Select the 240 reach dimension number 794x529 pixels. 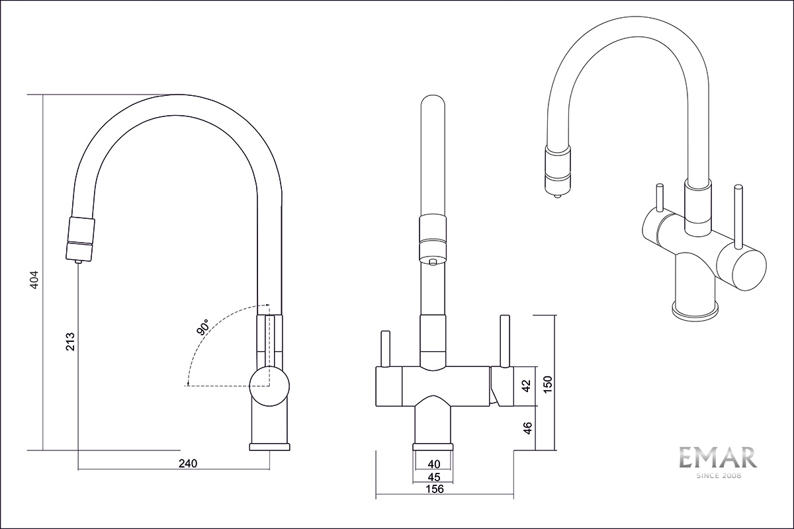pos(189,464)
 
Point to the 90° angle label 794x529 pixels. pos(202,328)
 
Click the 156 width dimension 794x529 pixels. pos(434,489)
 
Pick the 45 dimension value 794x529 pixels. pos(434,477)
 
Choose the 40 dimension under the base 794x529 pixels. pos(434,464)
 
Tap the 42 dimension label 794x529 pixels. pos(527,386)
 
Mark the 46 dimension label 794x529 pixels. pos(527,428)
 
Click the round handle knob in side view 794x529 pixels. pos(269,384)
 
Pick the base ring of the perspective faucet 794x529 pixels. pos(695,309)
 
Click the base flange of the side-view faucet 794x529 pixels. pos(269,447)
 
